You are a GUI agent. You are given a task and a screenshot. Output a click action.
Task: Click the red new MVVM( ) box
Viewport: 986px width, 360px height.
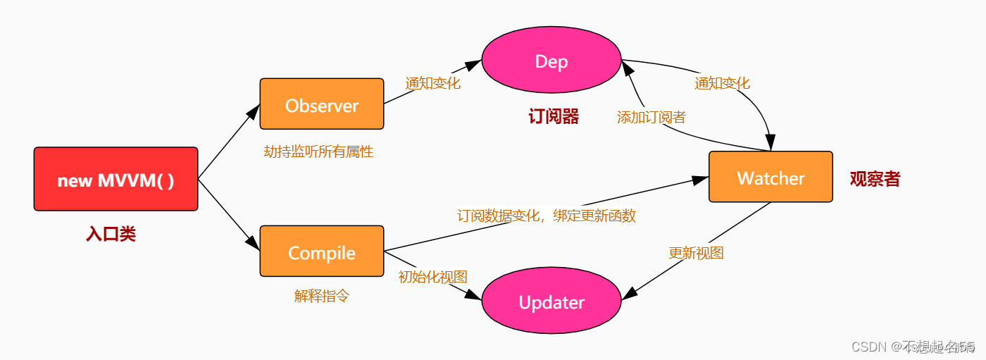(116, 179)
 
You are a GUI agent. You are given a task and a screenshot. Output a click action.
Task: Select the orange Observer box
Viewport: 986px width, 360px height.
(322, 104)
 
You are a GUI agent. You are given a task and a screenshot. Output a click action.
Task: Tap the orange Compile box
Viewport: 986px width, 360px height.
(322, 252)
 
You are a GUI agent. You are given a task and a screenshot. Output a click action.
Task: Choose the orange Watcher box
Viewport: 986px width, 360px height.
(770, 177)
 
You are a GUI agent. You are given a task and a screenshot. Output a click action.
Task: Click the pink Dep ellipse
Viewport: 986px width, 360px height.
(551, 61)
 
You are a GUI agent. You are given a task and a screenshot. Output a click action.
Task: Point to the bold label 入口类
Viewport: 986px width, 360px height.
(111, 235)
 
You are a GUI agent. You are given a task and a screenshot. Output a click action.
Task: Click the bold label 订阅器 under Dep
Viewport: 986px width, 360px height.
(554, 117)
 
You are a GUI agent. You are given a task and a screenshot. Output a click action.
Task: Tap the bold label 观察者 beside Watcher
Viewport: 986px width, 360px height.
(875, 179)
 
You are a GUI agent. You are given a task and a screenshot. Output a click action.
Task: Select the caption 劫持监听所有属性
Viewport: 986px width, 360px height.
(318, 151)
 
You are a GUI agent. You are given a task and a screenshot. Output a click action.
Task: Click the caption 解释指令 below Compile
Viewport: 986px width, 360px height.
(321, 297)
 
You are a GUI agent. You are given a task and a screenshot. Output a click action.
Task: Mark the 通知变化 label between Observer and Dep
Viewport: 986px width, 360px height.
(432, 83)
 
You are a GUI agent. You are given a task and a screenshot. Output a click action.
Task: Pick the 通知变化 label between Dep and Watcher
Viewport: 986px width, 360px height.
(722, 83)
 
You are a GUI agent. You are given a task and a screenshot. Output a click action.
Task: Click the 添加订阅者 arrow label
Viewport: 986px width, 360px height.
(651, 118)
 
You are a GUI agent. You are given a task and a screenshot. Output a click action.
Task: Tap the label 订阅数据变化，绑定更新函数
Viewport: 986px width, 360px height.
(547, 216)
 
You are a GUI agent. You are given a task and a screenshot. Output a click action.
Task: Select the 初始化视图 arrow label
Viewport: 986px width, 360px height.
(433, 277)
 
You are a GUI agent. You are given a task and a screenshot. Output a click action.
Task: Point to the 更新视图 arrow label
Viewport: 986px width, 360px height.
(696, 253)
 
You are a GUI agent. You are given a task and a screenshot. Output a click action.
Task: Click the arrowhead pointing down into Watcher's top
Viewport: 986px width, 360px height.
(770, 144)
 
